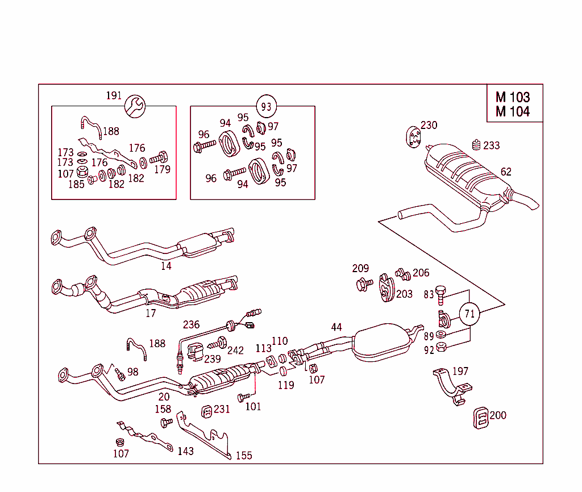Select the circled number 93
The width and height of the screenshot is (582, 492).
[x=266, y=106]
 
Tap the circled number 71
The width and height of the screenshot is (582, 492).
[x=469, y=314]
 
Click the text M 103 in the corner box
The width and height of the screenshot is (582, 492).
[x=512, y=98]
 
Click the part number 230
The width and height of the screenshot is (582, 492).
[x=429, y=125]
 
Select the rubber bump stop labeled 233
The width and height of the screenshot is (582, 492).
[x=476, y=145]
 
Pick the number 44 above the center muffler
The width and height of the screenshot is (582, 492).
[x=336, y=327]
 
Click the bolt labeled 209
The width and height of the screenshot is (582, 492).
[x=362, y=283]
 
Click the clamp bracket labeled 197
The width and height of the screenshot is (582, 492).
[x=451, y=387]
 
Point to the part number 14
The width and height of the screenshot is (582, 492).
[x=165, y=265]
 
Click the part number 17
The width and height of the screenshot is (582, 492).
[x=150, y=313]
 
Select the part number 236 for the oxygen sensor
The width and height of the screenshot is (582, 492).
[x=191, y=324]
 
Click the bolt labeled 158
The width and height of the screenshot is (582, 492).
[x=167, y=423]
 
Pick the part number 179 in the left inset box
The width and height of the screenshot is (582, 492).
[x=162, y=169]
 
